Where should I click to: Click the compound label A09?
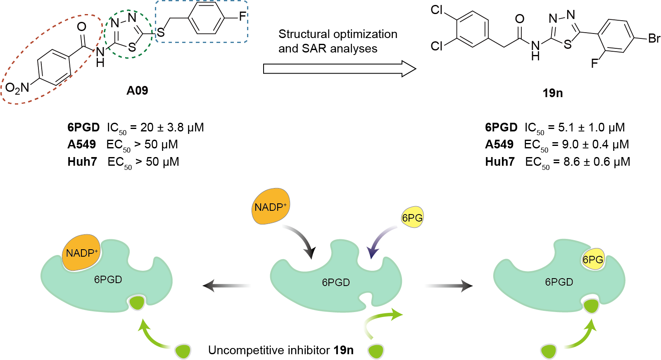pos(137,91)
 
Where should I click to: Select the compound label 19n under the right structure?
pos(552,93)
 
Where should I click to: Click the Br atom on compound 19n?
pos(654,39)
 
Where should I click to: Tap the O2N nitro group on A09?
pos(17,88)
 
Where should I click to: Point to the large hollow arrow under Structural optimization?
pos(339,69)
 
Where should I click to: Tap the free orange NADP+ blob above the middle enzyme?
pos(271,207)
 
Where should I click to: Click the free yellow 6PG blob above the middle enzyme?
pos(412,218)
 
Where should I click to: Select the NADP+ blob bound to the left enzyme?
pos(81,253)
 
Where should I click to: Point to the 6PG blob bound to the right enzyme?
pos(593,259)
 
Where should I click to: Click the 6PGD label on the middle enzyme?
pos(336,282)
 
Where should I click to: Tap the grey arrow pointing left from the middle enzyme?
pos(226,285)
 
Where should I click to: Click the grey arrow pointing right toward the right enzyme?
pos(449,285)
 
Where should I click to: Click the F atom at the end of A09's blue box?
pos(242,17)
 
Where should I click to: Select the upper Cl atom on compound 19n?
pos(437,10)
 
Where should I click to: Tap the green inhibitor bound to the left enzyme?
pos(136,303)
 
